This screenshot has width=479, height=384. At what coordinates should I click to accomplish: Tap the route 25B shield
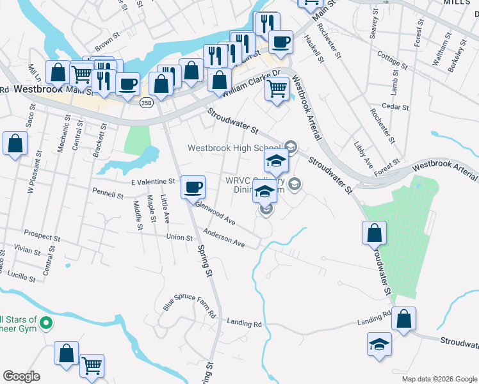(x=147, y=103)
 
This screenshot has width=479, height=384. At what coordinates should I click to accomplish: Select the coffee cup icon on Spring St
(x=193, y=188)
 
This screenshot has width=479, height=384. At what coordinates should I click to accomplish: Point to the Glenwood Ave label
(x=216, y=215)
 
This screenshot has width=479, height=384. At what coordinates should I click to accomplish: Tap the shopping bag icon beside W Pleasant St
(x=15, y=145)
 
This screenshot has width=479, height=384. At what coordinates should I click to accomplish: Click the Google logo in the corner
(x=21, y=376)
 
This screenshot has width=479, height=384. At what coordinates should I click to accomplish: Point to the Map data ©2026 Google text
(x=439, y=379)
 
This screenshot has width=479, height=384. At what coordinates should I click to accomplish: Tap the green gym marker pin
(x=45, y=324)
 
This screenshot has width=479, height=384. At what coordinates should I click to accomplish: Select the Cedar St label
(x=391, y=106)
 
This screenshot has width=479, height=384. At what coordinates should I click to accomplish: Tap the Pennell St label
(x=108, y=191)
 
